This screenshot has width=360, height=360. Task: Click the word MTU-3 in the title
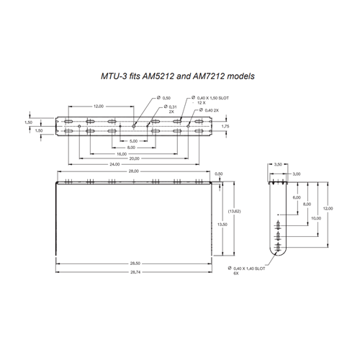pos(114,75)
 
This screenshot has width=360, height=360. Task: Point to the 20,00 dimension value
pos(134,158)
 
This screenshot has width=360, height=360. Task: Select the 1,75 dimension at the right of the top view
pos(225,126)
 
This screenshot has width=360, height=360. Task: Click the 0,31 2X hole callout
pos(172,109)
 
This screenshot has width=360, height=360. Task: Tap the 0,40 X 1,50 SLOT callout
pos(204,100)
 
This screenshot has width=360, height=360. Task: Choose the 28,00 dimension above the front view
pos(134,171)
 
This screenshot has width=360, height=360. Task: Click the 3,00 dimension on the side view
pos(296,173)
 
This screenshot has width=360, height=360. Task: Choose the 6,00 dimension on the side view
pos(296,197)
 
